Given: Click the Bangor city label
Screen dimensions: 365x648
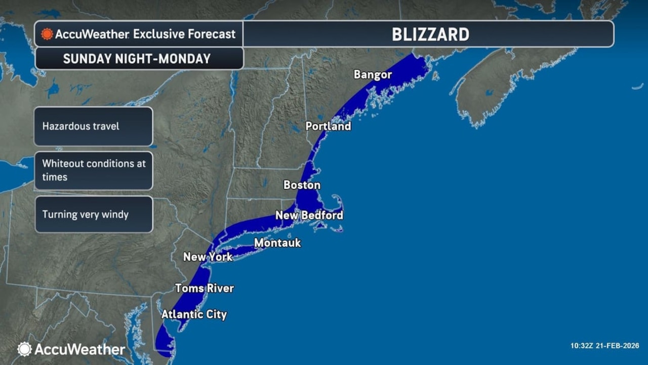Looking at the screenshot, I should [373, 75].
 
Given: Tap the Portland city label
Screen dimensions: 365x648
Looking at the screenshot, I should [328, 126].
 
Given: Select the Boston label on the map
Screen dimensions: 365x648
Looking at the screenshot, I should [302, 185].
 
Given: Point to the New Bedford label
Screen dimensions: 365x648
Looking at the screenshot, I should [309, 215].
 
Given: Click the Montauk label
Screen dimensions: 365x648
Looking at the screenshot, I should [277, 243].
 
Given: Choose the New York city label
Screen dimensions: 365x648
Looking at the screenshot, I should [208, 257].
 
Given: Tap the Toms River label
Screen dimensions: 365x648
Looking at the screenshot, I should [204, 288].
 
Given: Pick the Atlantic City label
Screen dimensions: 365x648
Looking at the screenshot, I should [194, 315].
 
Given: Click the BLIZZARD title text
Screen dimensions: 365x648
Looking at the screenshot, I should [430, 34].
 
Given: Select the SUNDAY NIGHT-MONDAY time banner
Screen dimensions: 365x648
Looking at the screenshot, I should [137, 59].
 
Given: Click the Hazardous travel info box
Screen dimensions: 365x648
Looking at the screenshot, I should [93, 126].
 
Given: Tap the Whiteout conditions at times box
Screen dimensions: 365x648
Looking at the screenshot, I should [93, 170].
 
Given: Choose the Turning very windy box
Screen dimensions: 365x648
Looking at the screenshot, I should [93, 214].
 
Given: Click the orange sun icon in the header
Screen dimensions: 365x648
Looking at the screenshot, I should [47, 34].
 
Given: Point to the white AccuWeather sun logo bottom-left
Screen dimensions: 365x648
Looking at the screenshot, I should [24, 349].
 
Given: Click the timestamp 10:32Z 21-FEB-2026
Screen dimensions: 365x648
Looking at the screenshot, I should [604, 346].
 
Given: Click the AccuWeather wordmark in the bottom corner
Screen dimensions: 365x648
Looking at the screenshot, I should [79, 349].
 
